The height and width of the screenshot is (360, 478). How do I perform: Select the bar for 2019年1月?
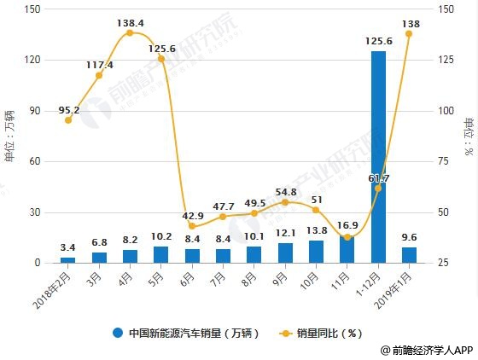coord(409,255)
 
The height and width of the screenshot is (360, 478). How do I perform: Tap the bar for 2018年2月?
coord(68,259)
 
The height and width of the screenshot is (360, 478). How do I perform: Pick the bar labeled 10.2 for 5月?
coord(161,254)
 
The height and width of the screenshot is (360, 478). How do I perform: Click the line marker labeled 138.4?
coord(130,33)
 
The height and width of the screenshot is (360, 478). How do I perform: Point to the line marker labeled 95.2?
coord(68,120)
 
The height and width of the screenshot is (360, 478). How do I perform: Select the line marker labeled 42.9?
coord(192,226)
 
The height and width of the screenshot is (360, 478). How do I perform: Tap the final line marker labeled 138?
coord(409,33)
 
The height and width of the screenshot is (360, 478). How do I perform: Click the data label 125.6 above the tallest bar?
coord(378,41)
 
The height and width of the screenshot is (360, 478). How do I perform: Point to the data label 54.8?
coord(285,192)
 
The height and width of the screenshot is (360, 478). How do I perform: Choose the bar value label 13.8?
coord(316,230)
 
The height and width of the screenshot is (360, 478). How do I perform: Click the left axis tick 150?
coord(34,9)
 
